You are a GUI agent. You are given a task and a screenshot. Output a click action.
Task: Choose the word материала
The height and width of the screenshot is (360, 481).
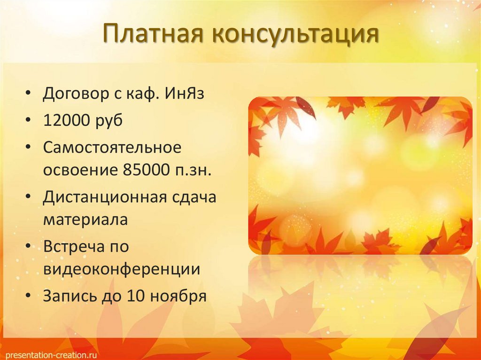85,220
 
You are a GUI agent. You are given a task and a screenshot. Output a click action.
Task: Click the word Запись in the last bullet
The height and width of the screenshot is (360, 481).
70,296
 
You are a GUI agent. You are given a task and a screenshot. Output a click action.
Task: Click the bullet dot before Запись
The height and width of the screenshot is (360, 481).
29,296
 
